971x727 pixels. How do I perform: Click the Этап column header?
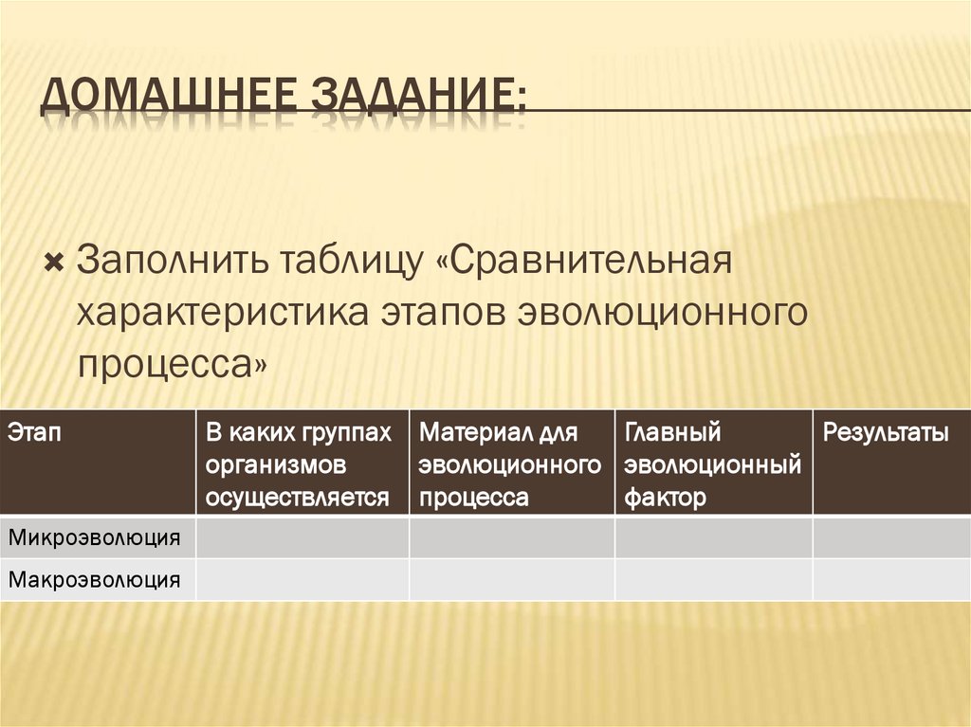[x=35, y=433]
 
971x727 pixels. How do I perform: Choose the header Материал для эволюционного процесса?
[x=511, y=464]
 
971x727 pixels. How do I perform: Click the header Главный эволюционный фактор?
[x=713, y=464]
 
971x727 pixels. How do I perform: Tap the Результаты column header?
[x=886, y=433]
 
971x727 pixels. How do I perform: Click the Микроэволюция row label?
[x=95, y=537]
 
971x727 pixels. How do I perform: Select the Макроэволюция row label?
[x=95, y=578]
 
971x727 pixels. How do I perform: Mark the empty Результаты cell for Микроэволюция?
[x=890, y=537]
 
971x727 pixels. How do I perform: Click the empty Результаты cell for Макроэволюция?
[x=890, y=578]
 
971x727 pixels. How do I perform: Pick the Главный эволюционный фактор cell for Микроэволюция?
[x=713, y=537]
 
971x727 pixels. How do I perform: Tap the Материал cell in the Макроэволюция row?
[x=511, y=578]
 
